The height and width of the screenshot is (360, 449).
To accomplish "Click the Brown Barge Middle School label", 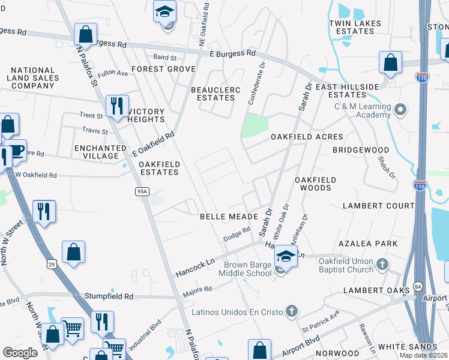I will point(248,269).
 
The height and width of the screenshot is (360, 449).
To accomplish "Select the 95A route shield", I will point(142,191).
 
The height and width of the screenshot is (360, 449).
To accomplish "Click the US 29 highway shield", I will point(52,263).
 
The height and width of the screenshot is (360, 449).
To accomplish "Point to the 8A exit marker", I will point(418,287).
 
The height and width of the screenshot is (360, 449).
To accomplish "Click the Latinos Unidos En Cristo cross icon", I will point(291,311).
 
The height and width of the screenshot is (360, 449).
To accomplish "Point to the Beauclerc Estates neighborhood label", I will point(215,94).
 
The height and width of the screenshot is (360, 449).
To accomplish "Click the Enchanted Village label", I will point(96,152).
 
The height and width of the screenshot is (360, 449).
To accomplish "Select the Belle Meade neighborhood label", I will point(229,216).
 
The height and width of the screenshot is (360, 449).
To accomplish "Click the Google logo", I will point(20,353).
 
